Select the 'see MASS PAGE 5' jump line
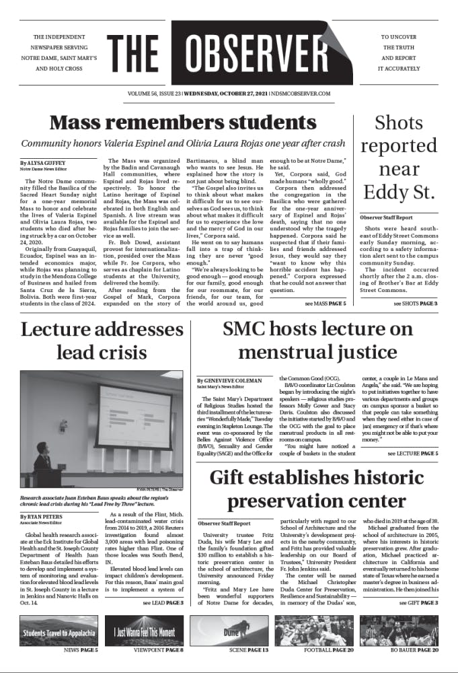coord(326,304)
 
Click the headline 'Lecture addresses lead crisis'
coord(99,341)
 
